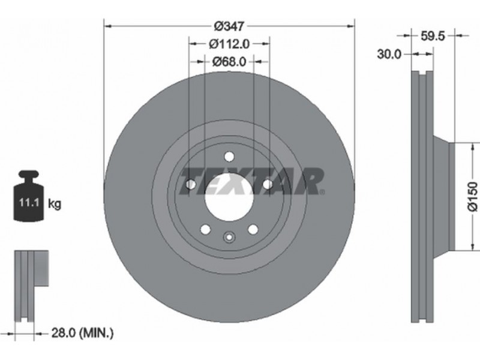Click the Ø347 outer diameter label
point(229,26)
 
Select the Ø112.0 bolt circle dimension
point(229,44)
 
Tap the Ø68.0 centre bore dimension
point(229,62)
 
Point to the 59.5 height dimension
point(432,36)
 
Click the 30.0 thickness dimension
point(389,55)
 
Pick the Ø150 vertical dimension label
point(472,197)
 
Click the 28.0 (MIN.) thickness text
point(82,333)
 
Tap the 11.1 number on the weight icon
point(29,203)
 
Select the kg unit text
point(55,203)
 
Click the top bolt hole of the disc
point(229,157)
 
